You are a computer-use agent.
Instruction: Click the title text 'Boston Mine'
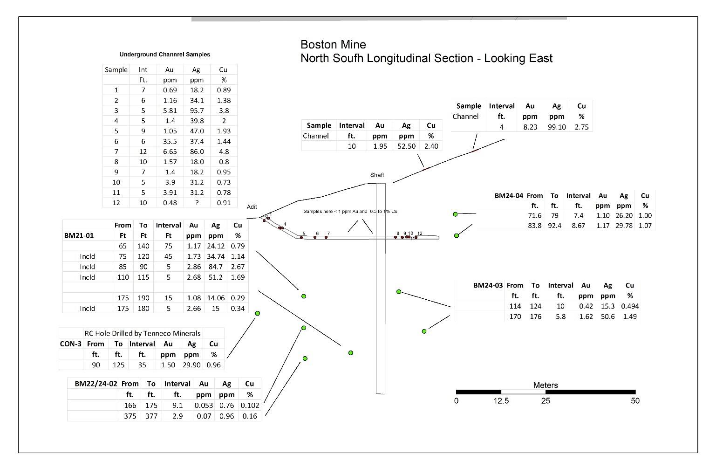click(333, 45)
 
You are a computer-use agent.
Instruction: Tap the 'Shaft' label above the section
click(377, 175)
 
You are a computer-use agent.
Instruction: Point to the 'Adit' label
click(252, 206)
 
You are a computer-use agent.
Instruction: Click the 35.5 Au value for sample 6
click(170, 141)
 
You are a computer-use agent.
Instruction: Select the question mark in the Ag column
click(197, 202)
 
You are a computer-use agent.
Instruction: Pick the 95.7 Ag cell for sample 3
click(197, 110)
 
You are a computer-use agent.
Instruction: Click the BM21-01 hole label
click(79, 235)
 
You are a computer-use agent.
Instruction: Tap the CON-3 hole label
click(71, 344)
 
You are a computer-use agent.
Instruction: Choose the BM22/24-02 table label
click(96, 383)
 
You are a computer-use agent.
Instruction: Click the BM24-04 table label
click(509, 195)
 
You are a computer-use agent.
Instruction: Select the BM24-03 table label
click(488, 285)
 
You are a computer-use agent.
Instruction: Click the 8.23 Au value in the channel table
click(530, 127)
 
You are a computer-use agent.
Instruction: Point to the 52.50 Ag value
click(406, 146)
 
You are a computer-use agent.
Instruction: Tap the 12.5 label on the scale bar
click(501, 400)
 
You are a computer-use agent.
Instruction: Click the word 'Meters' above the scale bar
click(546, 385)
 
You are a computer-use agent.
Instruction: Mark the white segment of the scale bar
click(523, 392)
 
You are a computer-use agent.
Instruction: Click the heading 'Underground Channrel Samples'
click(164, 54)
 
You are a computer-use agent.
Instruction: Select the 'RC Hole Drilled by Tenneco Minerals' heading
click(143, 333)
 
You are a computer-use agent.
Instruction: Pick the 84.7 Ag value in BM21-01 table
click(216, 267)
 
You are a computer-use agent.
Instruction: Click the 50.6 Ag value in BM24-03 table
click(607, 316)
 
